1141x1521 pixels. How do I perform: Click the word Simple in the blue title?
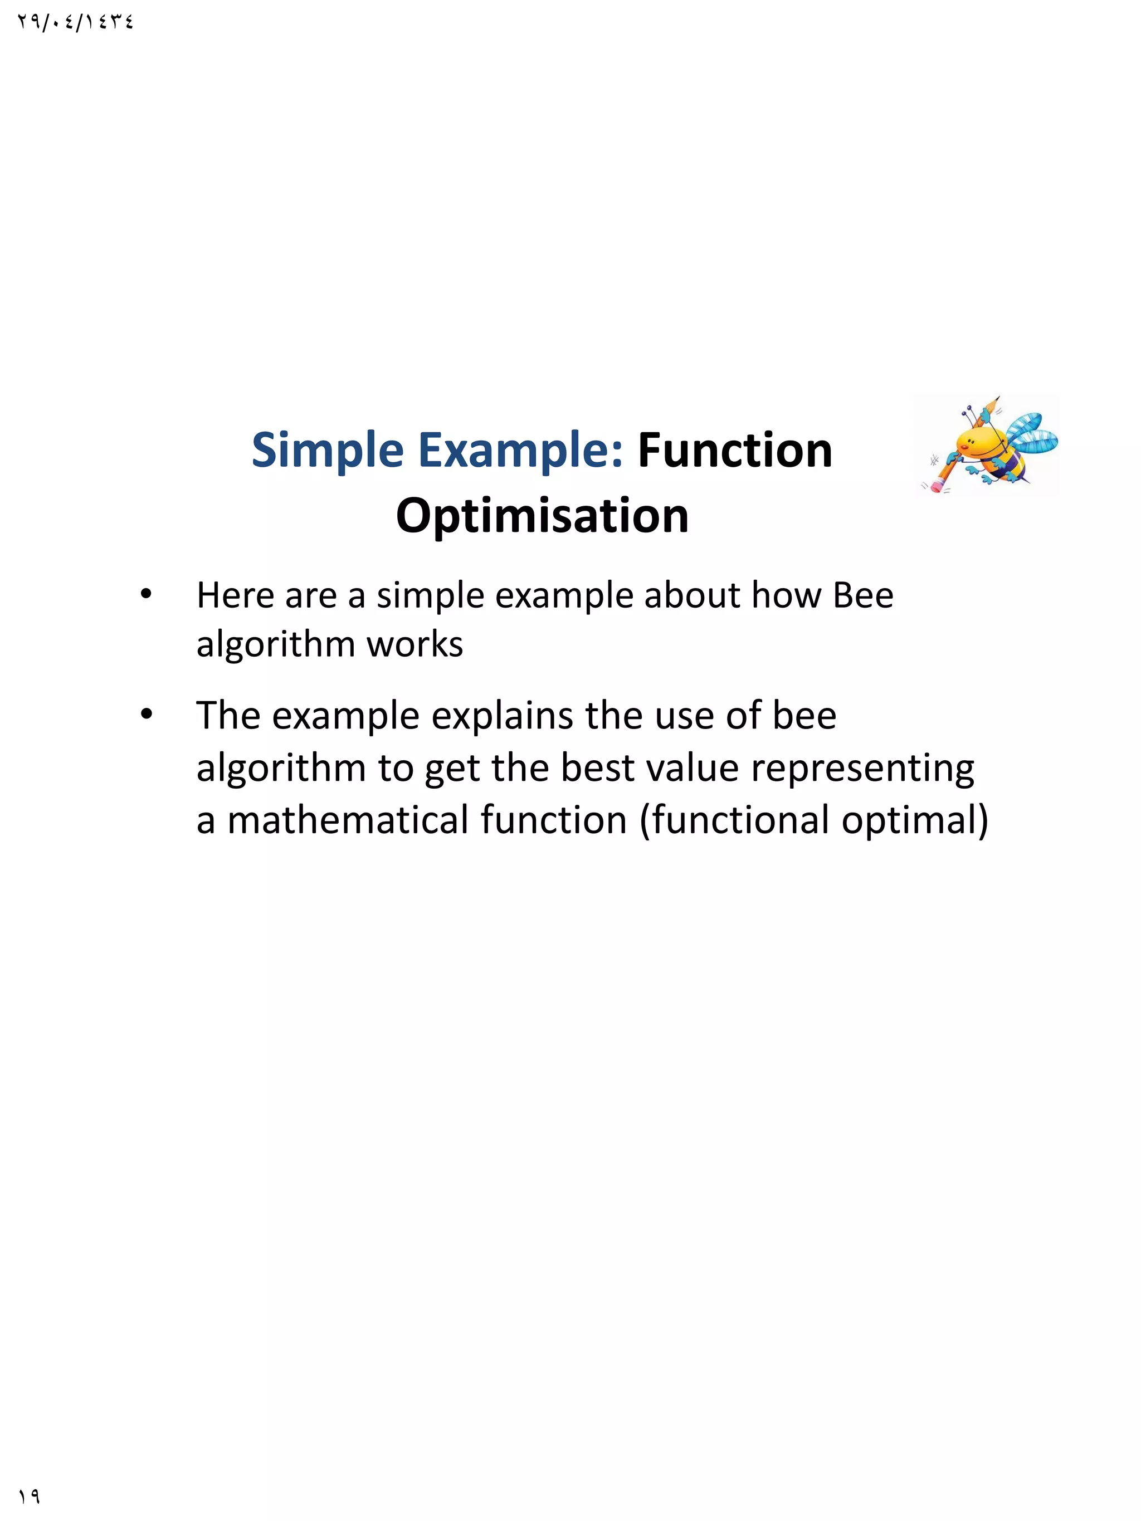click(328, 451)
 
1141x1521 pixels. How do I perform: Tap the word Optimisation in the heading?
click(542, 516)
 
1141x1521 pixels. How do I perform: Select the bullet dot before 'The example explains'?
click(146, 715)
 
